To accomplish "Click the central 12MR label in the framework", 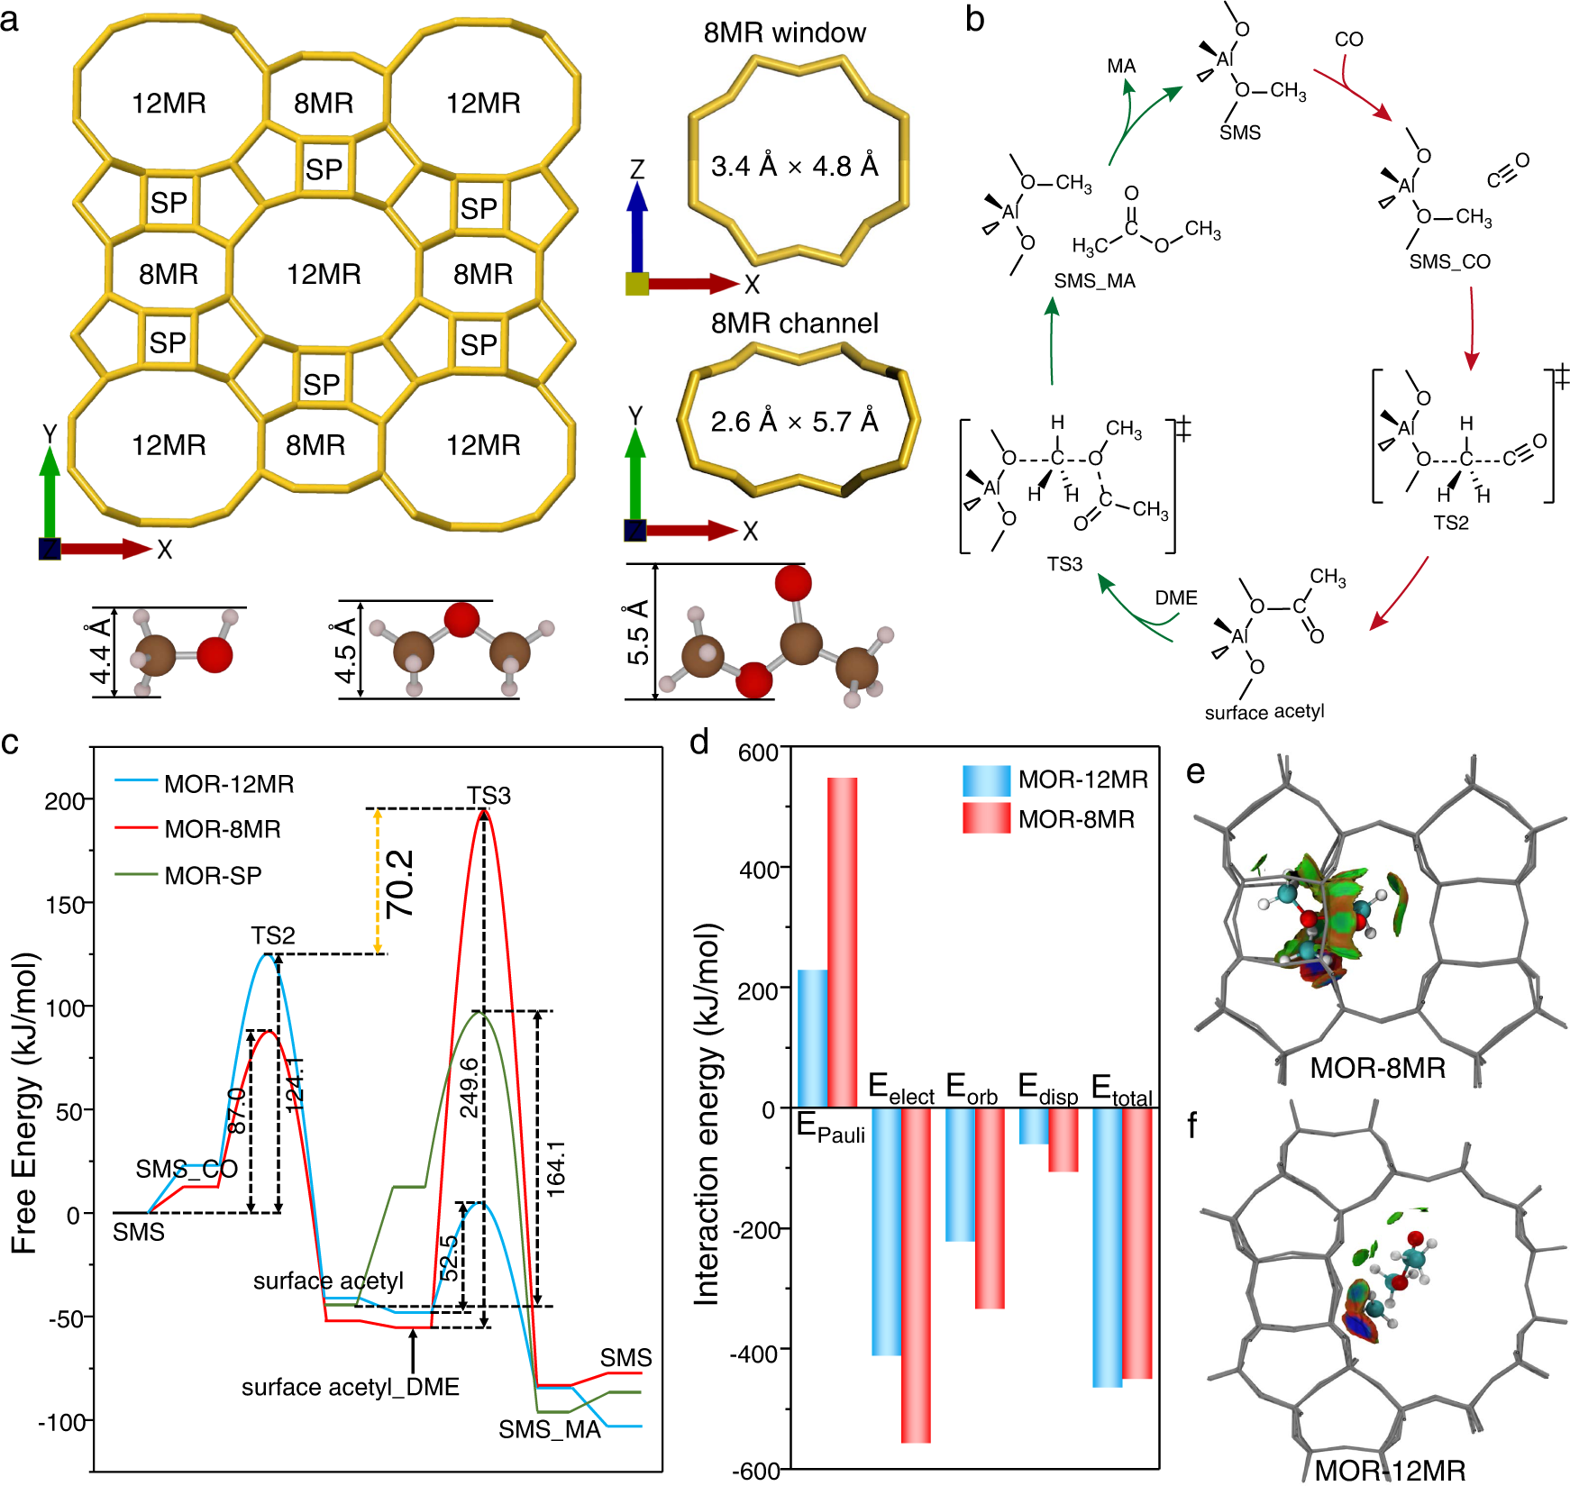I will point(324,274).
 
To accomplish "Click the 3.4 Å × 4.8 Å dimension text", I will point(794,166).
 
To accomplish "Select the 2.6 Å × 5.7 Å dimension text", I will point(794,421).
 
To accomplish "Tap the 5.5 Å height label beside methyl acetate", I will point(638,632).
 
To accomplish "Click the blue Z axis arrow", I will point(637,225).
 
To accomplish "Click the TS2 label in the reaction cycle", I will point(1451,523).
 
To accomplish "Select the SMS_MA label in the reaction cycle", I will point(1094,281).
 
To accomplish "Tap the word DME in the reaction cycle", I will point(1176,597).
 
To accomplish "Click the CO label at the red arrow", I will point(1348,40).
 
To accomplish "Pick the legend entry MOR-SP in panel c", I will point(213,875).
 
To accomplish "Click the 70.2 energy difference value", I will point(400,883).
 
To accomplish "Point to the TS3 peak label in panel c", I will point(488,795).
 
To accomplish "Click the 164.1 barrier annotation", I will point(556,1168).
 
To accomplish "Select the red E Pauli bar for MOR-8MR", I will point(842,942).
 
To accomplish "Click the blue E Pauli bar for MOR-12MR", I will point(812,1038).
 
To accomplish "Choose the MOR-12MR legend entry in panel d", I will point(1082,779).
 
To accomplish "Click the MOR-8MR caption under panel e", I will point(1377,1068).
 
